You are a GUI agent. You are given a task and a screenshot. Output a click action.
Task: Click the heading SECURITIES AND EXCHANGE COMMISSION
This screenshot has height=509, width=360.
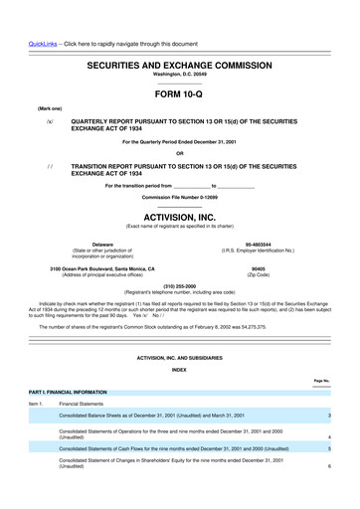179,63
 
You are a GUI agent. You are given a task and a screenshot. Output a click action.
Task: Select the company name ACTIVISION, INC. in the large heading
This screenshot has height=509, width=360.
180,214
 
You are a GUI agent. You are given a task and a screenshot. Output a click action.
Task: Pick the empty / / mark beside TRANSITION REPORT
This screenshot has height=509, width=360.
49,165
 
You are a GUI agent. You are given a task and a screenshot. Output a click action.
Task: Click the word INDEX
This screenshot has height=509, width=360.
179,371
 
